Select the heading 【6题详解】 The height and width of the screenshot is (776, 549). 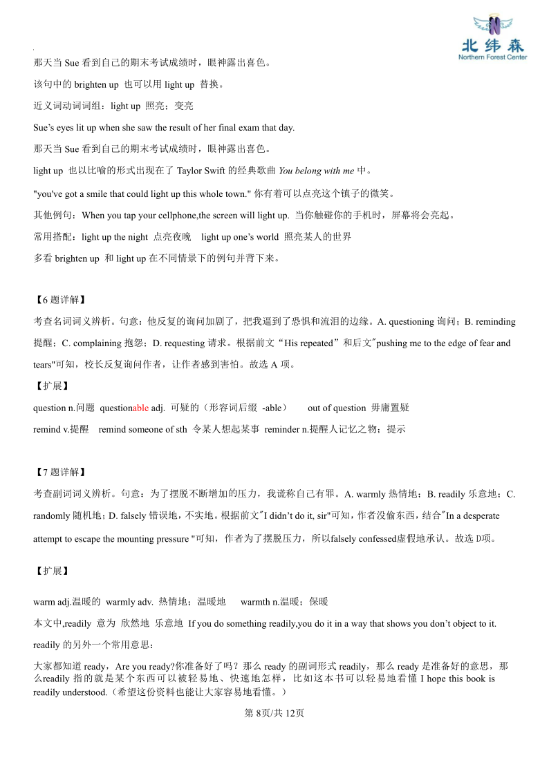point(60,300)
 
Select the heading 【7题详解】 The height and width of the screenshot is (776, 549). point(60,473)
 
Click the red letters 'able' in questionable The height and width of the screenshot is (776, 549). point(140,408)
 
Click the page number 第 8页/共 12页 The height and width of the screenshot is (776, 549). point(274,714)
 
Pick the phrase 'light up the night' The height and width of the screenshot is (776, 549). point(114,237)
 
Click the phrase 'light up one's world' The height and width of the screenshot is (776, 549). point(240,237)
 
